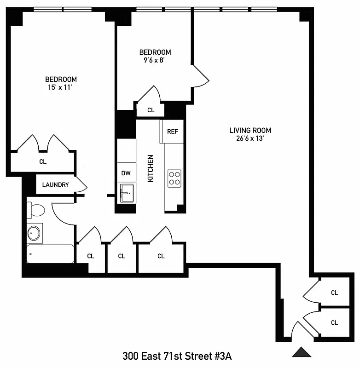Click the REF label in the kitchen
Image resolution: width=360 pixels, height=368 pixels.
[x=172, y=132]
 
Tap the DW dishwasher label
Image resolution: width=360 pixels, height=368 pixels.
[x=126, y=173]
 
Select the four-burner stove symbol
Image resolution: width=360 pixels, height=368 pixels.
[x=174, y=178]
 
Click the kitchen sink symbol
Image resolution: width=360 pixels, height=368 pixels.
[x=126, y=192]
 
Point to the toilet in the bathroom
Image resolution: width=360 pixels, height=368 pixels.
[x=36, y=211]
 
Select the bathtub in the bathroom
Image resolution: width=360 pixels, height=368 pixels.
[x=50, y=254]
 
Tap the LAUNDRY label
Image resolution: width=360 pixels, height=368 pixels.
[x=55, y=185]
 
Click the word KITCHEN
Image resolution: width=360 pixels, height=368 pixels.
[x=151, y=168]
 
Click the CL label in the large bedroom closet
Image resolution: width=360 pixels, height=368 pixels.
[x=43, y=161]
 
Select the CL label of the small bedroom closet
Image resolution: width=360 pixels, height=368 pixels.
[x=151, y=110]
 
